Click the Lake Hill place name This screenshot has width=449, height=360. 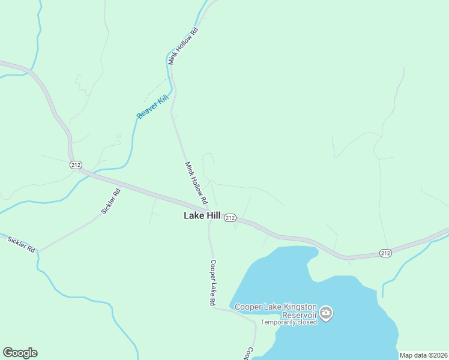pyautogui.click(x=202, y=215)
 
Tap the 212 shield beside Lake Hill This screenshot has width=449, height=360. pyautogui.click(x=231, y=218)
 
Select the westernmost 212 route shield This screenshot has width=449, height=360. pyautogui.click(x=76, y=165)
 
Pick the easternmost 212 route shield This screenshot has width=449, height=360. pyautogui.click(x=385, y=254)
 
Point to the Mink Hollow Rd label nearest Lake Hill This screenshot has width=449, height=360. pyautogui.click(x=196, y=182)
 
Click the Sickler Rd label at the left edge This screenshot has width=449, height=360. pyautogui.click(x=22, y=244)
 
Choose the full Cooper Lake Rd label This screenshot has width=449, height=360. pyautogui.click(x=212, y=283)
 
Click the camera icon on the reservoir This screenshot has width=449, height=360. pyautogui.click(x=326, y=313)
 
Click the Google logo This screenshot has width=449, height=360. pyautogui.click(x=20, y=353)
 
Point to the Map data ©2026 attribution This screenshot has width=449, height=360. pyautogui.click(x=423, y=355)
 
